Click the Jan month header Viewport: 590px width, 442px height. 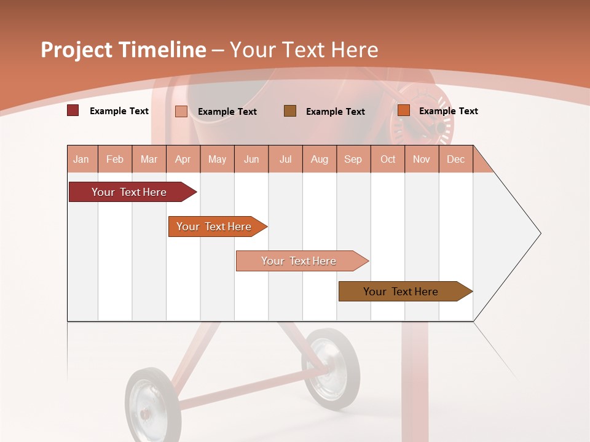pos(81,159)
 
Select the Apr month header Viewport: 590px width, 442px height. pos(183,159)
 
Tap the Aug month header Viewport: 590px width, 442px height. pos(320,159)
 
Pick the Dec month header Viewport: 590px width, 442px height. pos(455,159)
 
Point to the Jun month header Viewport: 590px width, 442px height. pos(251,159)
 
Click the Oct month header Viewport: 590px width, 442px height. pos(388,159)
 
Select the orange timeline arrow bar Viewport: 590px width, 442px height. pos(215,227)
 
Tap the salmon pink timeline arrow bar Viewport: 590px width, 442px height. pos(300,261)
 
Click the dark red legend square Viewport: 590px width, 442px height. pos(73,110)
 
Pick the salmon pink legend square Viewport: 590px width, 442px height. pos(181,111)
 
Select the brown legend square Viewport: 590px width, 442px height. pos(290,110)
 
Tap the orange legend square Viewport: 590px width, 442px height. pos(404,110)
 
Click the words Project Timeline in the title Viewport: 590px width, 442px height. pos(123,50)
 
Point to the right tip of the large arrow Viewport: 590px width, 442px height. pos(540,233)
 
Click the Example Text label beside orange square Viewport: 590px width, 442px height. pos(448,110)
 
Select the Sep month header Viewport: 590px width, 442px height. pos(353,159)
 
